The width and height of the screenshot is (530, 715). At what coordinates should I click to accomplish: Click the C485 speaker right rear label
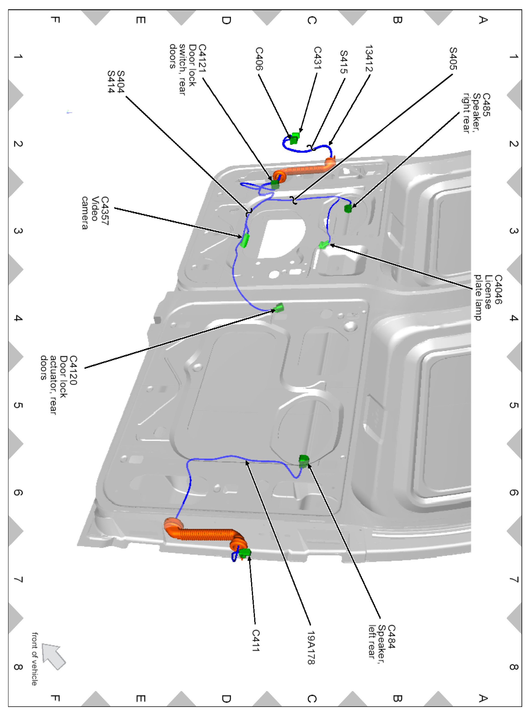(477, 113)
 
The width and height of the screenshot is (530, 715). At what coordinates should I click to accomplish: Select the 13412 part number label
(369, 58)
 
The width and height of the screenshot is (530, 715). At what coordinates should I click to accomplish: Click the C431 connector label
(318, 58)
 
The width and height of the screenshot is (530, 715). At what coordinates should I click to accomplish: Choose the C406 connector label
(259, 59)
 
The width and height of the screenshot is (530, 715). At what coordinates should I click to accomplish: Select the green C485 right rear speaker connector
(348, 208)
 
